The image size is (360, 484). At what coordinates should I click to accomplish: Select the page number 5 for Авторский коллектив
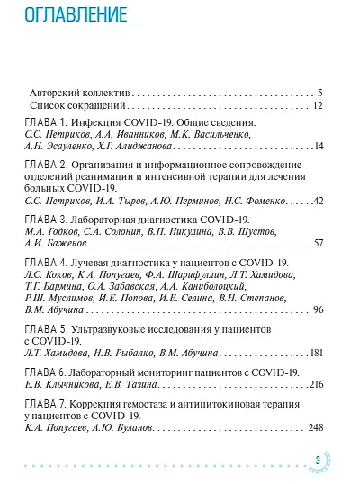click(x=320, y=93)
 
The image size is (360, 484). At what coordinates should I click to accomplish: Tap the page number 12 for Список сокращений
click(x=318, y=105)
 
